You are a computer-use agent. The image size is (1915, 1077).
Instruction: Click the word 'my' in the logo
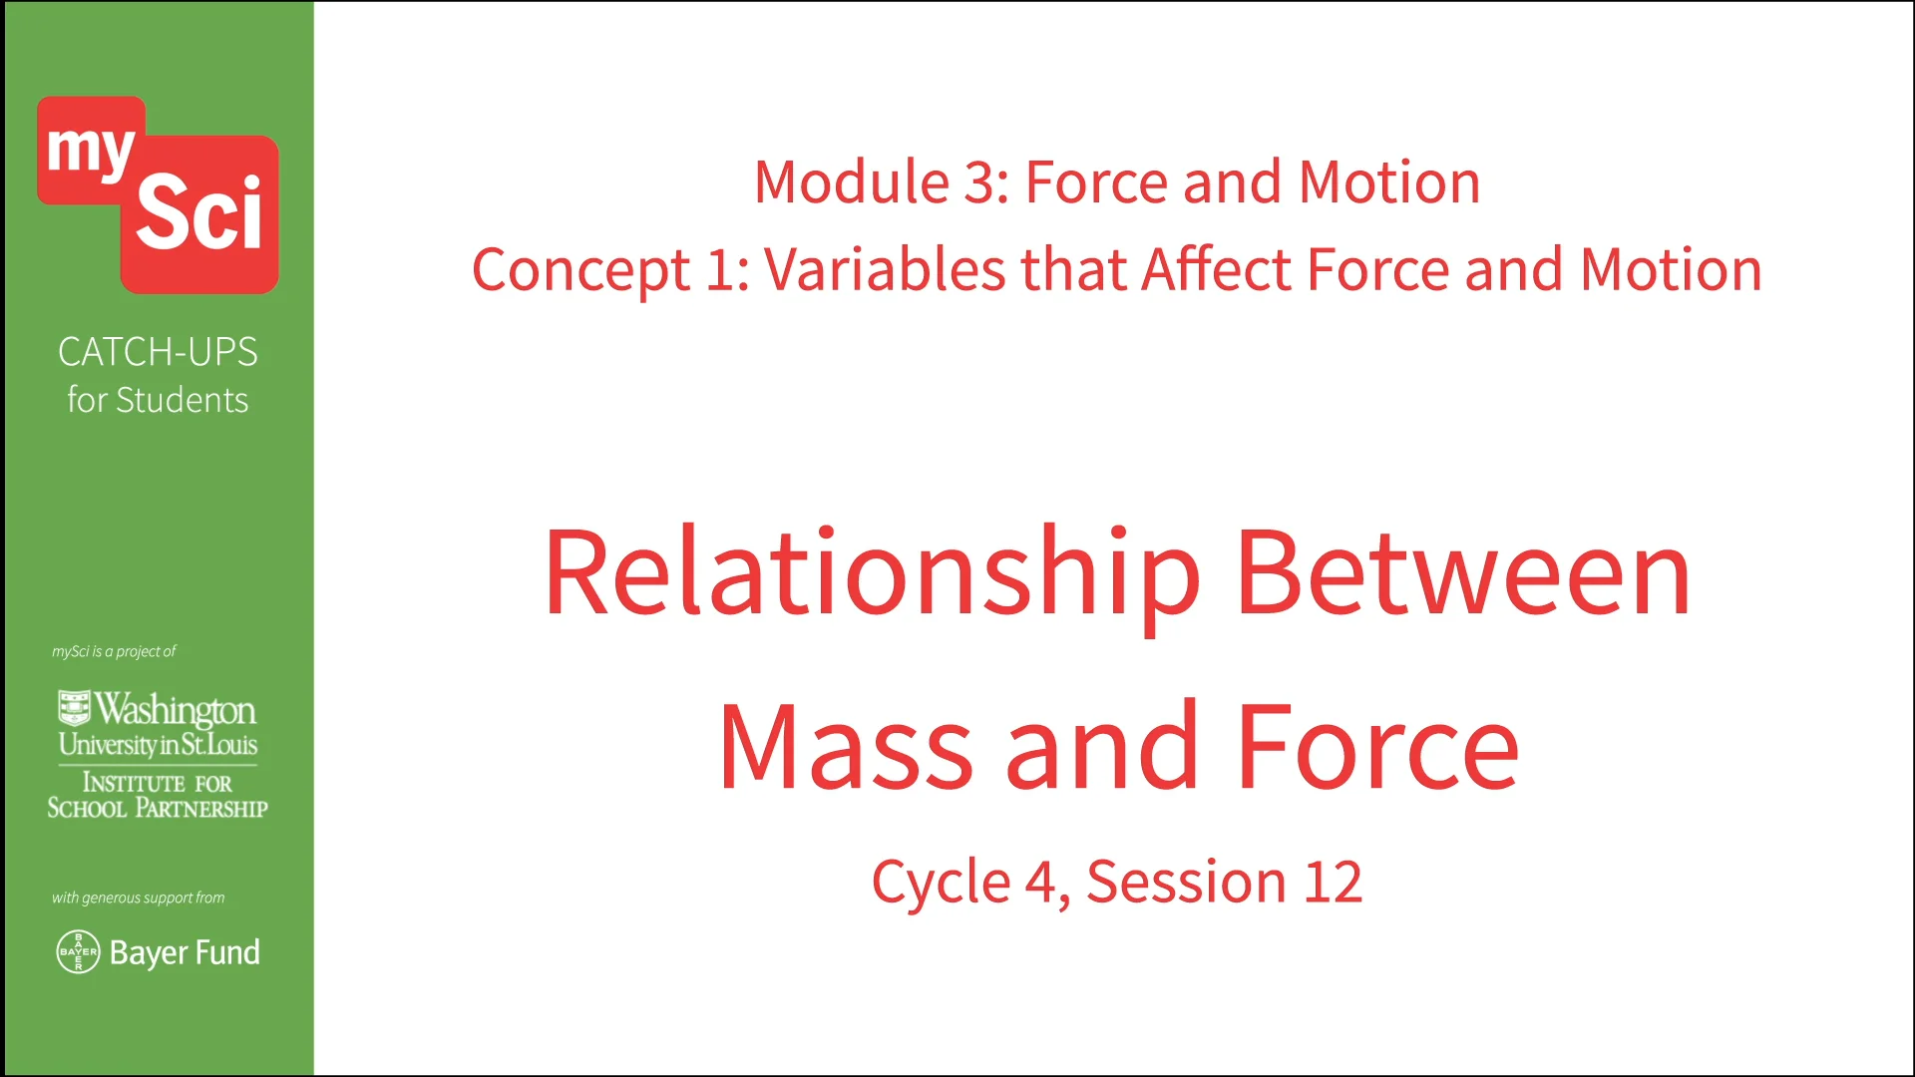pos(90,151)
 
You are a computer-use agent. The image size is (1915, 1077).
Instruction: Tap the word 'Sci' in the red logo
pos(198,212)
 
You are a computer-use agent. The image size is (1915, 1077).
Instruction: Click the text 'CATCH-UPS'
pos(158,352)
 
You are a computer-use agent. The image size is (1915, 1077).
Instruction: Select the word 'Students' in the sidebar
pos(182,401)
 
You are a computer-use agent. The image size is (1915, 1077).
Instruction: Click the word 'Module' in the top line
pos(851,182)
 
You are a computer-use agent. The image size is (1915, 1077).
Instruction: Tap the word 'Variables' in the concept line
pos(884,270)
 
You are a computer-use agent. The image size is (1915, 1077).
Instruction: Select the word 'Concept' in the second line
pos(580,270)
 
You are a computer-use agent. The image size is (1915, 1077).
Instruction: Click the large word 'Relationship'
pos(872,575)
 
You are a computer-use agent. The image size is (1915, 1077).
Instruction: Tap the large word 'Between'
pos(1462,575)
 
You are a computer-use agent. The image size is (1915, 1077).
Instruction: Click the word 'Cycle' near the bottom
pos(941,883)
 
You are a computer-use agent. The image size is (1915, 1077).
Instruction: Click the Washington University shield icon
pos(74,707)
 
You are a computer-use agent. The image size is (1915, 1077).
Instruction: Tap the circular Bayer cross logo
pos(78,952)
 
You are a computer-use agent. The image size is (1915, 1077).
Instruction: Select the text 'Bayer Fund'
pos(185,953)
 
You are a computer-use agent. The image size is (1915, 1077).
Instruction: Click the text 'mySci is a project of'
pos(114,651)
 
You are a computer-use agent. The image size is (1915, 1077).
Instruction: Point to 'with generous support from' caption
pos(138,897)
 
